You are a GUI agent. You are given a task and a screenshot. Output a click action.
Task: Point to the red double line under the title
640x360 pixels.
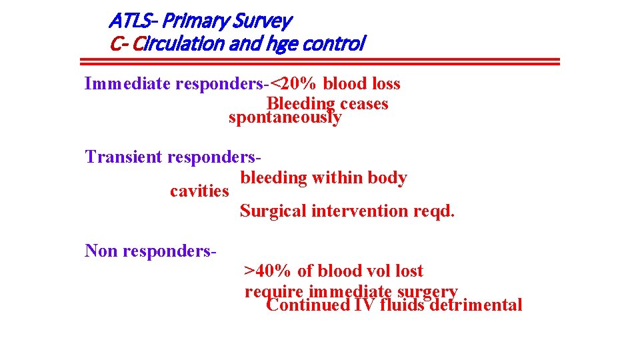click(x=319, y=61)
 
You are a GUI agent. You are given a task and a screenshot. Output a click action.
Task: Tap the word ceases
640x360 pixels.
click(x=364, y=104)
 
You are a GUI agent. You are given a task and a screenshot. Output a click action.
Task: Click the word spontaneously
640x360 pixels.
click(x=285, y=118)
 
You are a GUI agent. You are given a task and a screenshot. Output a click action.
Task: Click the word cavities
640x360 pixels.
click(x=199, y=191)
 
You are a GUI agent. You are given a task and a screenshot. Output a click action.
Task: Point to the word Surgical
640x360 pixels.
click(x=273, y=211)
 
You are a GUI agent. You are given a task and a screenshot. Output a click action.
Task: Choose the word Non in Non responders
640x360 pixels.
click(x=102, y=251)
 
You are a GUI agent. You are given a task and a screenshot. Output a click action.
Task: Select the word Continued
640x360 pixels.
click(x=307, y=305)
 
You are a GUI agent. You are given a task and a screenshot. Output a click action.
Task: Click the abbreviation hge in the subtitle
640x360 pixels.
click(x=285, y=45)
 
